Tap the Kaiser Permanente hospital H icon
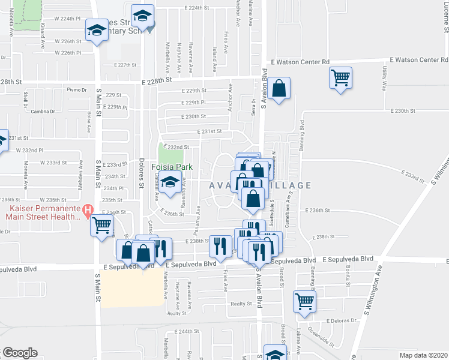[x=89, y=211]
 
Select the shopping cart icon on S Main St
[x=101, y=225]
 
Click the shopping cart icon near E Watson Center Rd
[x=340, y=77]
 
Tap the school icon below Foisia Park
[x=170, y=184]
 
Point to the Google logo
[x=20, y=353]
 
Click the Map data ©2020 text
[x=423, y=355]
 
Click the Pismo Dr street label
[x=77, y=89]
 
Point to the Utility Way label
[x=384, y=79]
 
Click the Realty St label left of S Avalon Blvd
[x=241, y=304]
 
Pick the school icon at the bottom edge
[x=275, y=354]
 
